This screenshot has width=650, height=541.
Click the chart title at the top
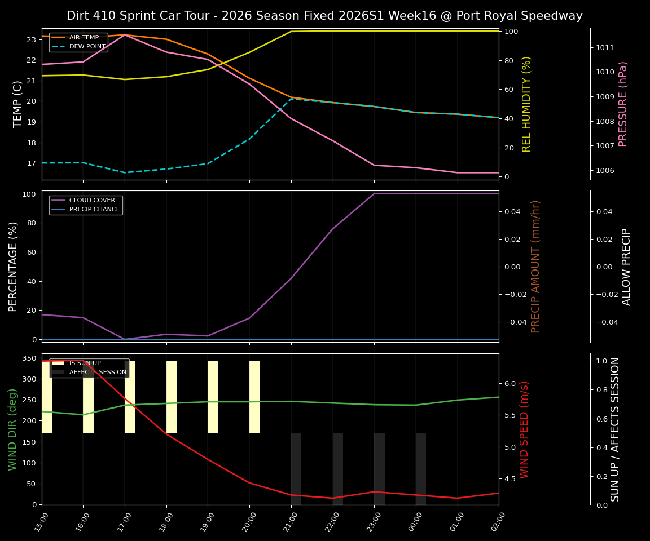tap(324, 16)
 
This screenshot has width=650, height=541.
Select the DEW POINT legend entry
tap(87, 46)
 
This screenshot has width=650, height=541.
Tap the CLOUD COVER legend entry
tap(92, 200)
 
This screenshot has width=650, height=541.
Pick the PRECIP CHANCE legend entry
tap(94, 209)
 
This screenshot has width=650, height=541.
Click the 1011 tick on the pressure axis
tap(605, 47)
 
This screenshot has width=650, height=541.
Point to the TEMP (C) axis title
tap(17, 104)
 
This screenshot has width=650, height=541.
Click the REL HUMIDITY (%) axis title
tap(526, 104)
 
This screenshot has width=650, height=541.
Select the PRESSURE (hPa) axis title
tap(623, 104)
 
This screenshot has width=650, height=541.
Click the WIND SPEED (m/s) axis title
tap(525, 429)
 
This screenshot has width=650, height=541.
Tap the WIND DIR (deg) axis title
tap(12, 429)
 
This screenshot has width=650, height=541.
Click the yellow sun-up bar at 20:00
tap(254, 397)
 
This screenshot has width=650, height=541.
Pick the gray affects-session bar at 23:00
tap(379, 468)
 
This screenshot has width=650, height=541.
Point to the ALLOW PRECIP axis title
tap(626, 267)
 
